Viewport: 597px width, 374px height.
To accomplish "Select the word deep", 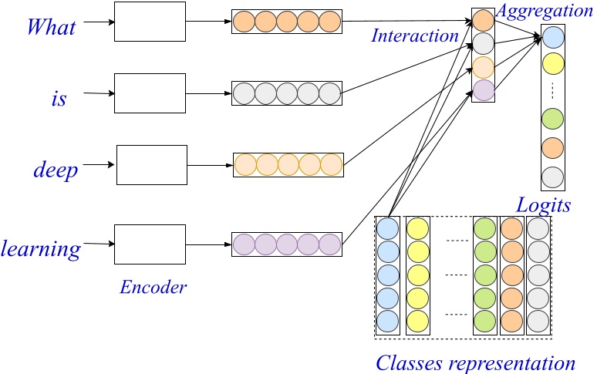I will (56, 170).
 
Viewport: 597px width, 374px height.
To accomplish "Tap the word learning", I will (41, 248).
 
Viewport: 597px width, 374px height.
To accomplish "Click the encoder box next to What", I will (150, 22).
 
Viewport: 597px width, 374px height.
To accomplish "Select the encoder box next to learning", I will (150, 244).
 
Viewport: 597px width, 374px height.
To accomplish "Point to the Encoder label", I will (153, 288).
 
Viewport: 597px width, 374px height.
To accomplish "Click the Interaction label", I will (414, 35).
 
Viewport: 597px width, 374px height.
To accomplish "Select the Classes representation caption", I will (475, 362).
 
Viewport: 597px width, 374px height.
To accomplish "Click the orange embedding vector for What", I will (286, 22).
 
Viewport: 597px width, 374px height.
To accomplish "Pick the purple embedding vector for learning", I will (286, 244).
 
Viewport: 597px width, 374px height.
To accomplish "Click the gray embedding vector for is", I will (286, 94).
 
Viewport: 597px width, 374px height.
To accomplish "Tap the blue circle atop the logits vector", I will (553, 37).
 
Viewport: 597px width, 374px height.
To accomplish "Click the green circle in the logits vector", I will (553, 120).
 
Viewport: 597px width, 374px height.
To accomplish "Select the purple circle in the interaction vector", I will (483, 89).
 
